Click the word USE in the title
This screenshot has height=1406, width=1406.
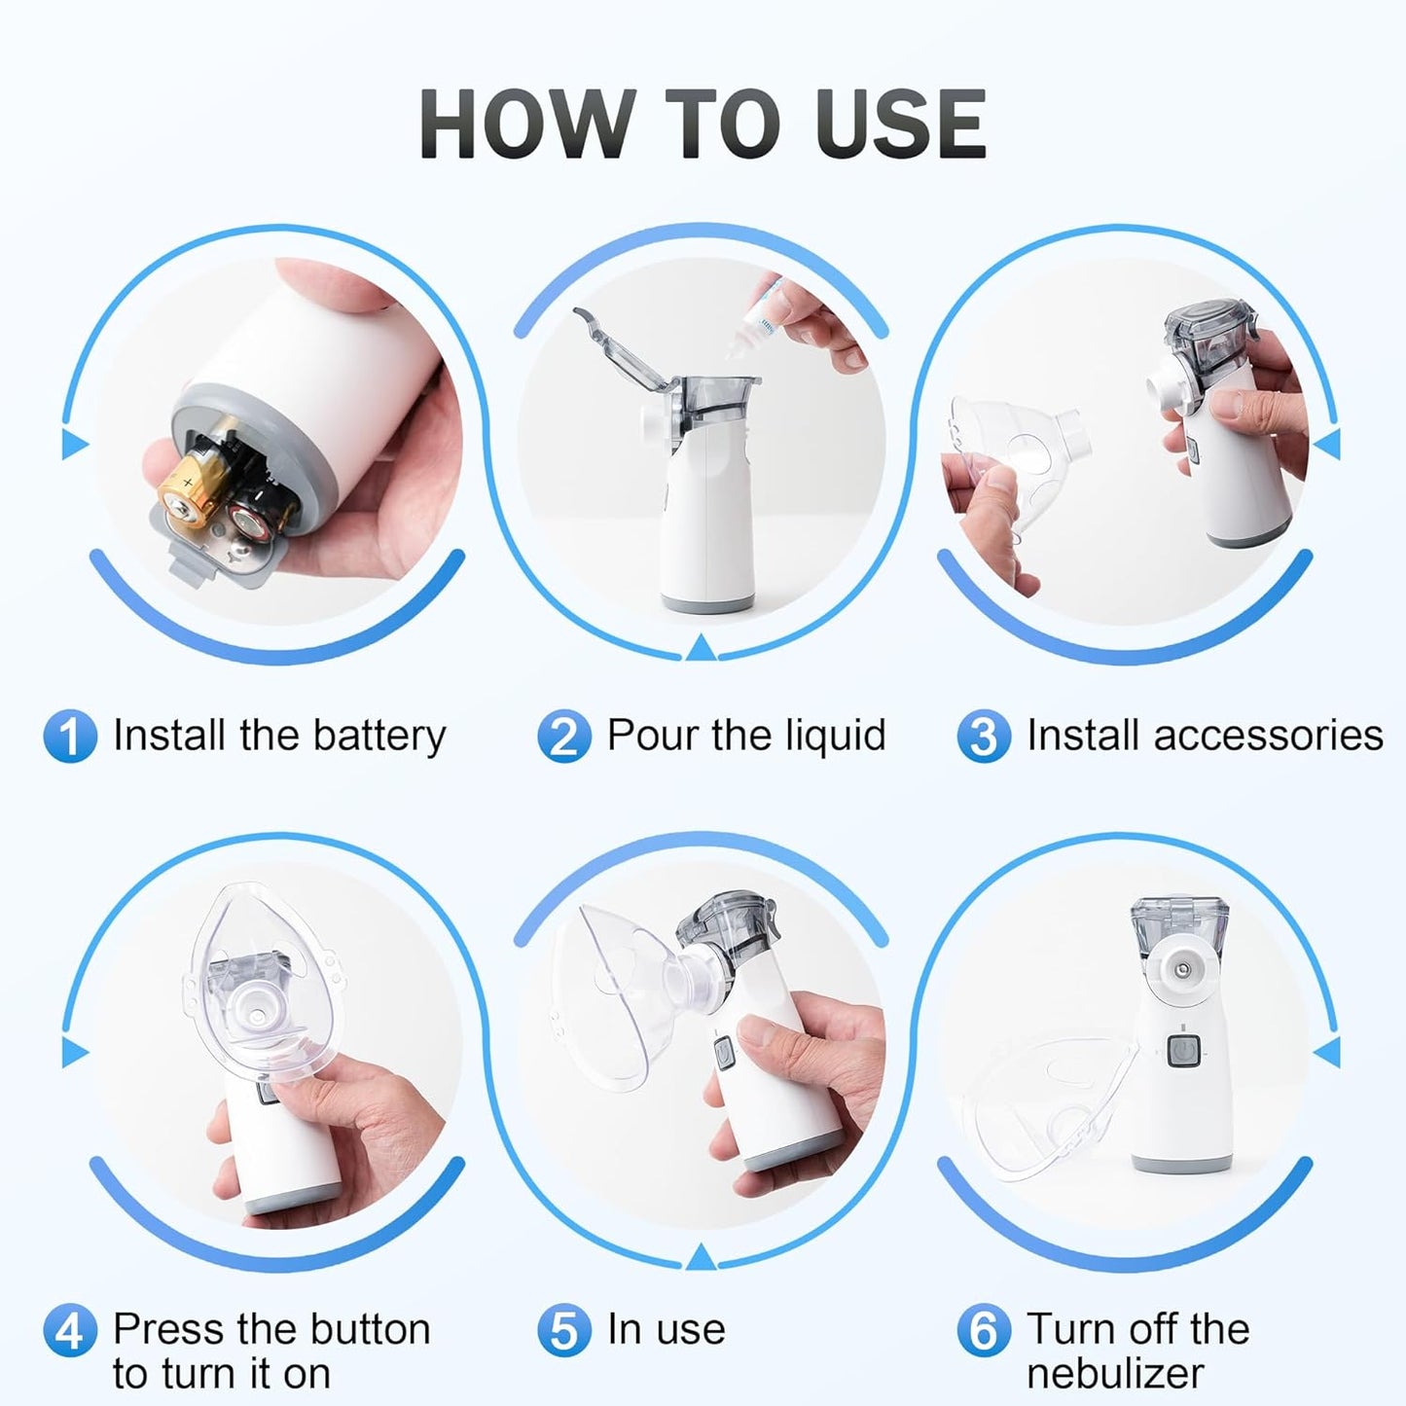point(901,124)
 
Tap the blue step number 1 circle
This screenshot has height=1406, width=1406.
point(70,737)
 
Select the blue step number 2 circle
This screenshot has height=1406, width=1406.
point(564,737)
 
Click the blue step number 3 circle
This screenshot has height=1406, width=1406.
point(984,737)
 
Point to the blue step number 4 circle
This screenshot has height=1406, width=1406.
point(70,1331)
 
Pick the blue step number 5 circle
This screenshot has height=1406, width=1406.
point(564,1331)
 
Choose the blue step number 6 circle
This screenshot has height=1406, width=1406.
point(984,1331)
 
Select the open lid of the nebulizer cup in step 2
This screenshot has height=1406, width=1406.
point(623,350)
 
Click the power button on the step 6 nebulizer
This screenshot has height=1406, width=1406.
point(1181,1052)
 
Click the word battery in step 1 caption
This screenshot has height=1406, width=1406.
point(379,737)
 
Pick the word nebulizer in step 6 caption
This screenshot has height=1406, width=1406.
point(1115,1374)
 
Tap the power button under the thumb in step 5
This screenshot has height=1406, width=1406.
point(724,1053)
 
